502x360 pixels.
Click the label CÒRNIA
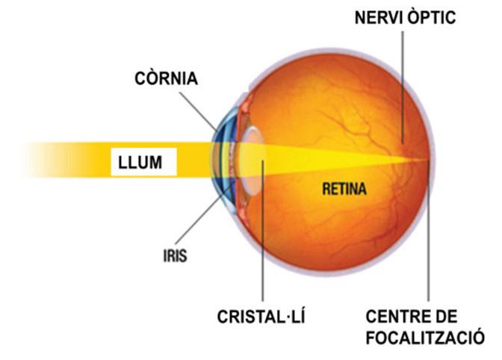[x=166, y=78]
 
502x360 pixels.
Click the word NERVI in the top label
[x=378, y=16]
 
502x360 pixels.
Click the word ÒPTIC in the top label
[x=431, y=16]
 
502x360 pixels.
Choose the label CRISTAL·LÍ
[x=262, y=317]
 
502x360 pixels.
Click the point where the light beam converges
[x=427, y=159]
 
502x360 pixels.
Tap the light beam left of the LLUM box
[x=60, y=160]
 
